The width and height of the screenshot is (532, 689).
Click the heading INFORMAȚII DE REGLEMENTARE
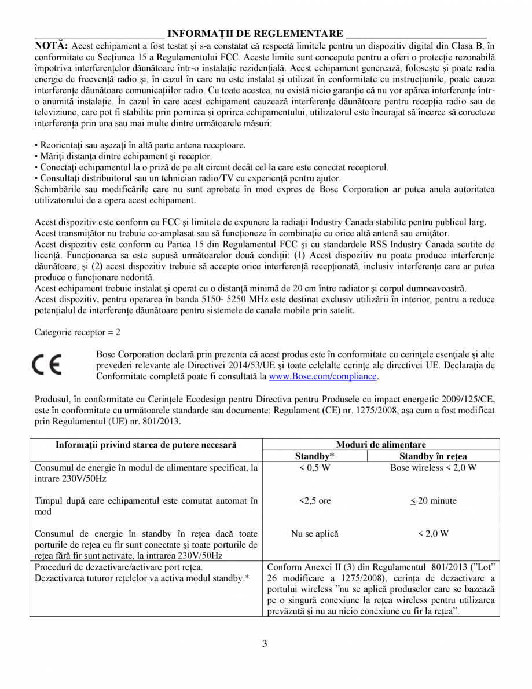[255, 34]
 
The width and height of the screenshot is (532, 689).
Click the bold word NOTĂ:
[52, 46]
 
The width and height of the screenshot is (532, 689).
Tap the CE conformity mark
[49, 365]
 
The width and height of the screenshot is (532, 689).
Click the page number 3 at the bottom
[265, 643]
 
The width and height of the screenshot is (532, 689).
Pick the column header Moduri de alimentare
[380, 445]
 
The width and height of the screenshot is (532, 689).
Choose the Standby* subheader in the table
[315, 456]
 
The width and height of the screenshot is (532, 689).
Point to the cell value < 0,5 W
[315, 468]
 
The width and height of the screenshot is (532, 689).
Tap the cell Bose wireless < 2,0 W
[433, 468]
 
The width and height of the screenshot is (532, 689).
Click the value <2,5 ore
[315, 501]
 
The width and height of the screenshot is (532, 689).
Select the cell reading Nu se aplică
[315, 534]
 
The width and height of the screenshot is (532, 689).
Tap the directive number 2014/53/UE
[287, 365]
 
